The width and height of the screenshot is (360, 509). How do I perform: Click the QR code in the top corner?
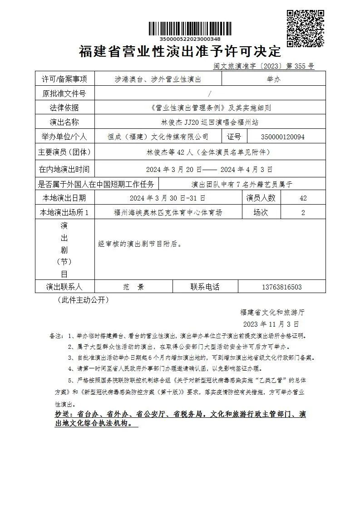tap(306, 28)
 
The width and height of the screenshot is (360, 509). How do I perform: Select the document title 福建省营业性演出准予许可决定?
tap(180, 52)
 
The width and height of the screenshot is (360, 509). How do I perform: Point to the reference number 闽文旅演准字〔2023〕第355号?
tap(264, 66)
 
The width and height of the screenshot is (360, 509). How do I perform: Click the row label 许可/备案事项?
tap(64, 79)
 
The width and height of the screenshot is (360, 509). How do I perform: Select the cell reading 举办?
tap(274, 79)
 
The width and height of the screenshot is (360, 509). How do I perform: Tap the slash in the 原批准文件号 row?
tap(209, 93)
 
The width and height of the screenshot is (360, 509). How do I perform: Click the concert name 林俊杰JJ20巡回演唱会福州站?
tap(210, 122)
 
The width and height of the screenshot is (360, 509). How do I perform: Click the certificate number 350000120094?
tap(283, 137)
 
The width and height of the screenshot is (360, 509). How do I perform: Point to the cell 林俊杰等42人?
tap(209, 152)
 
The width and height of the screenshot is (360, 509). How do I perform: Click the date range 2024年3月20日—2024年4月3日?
tap(209, 169)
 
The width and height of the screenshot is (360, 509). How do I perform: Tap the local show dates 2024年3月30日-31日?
tap(168, 198)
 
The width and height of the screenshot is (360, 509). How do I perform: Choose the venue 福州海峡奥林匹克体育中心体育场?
tap(168, 212)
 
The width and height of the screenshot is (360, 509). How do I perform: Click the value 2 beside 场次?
tap(303, 212)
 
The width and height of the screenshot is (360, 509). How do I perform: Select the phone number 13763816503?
tap(281, 287)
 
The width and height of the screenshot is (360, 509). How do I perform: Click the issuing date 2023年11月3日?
tap(271, 324)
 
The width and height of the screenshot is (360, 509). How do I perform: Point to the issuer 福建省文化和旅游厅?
tap(272, 312)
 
